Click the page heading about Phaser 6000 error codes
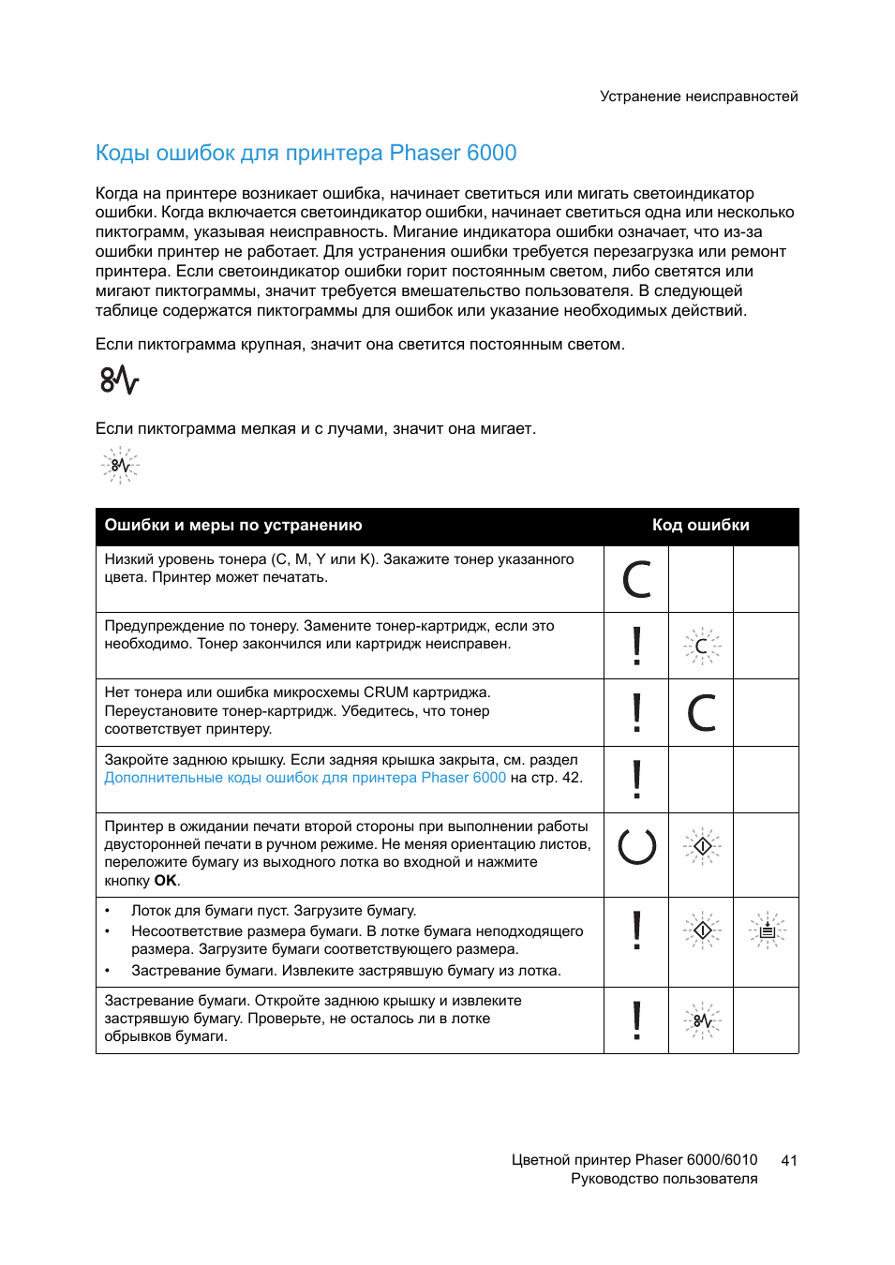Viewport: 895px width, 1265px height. point(306,153)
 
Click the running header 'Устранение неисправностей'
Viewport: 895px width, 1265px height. point(698,97)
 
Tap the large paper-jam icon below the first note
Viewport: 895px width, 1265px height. point(119,380)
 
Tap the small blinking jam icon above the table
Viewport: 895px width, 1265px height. point(120,465)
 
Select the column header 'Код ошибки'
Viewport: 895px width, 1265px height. point(700,526)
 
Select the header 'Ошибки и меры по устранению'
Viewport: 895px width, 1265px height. point(233,526)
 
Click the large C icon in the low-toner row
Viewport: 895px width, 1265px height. point(636,579)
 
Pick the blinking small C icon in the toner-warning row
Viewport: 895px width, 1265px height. point(701,646)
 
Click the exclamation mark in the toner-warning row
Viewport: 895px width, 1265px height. point(636,646)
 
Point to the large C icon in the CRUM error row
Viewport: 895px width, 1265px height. point(701,712)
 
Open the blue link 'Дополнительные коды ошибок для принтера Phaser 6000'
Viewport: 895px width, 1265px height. point(305,778)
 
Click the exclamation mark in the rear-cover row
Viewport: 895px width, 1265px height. point(636,779)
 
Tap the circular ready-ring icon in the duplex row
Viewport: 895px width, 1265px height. point(636,846)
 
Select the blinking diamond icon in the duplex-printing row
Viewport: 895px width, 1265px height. point(702,846)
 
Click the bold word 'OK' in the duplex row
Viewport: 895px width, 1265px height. point(165,881)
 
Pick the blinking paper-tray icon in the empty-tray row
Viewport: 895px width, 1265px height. point(767,930)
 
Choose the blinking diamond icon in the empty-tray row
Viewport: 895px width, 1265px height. point(702,930)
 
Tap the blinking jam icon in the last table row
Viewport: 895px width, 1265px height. point(702,1020)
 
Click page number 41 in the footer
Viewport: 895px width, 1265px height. point(789,1160)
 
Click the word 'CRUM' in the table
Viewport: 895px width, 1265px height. point(385,692)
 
